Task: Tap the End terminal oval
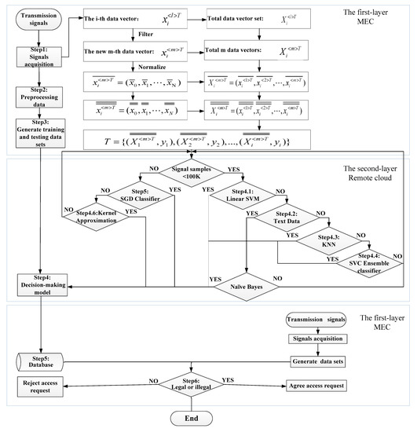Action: [207, 419]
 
